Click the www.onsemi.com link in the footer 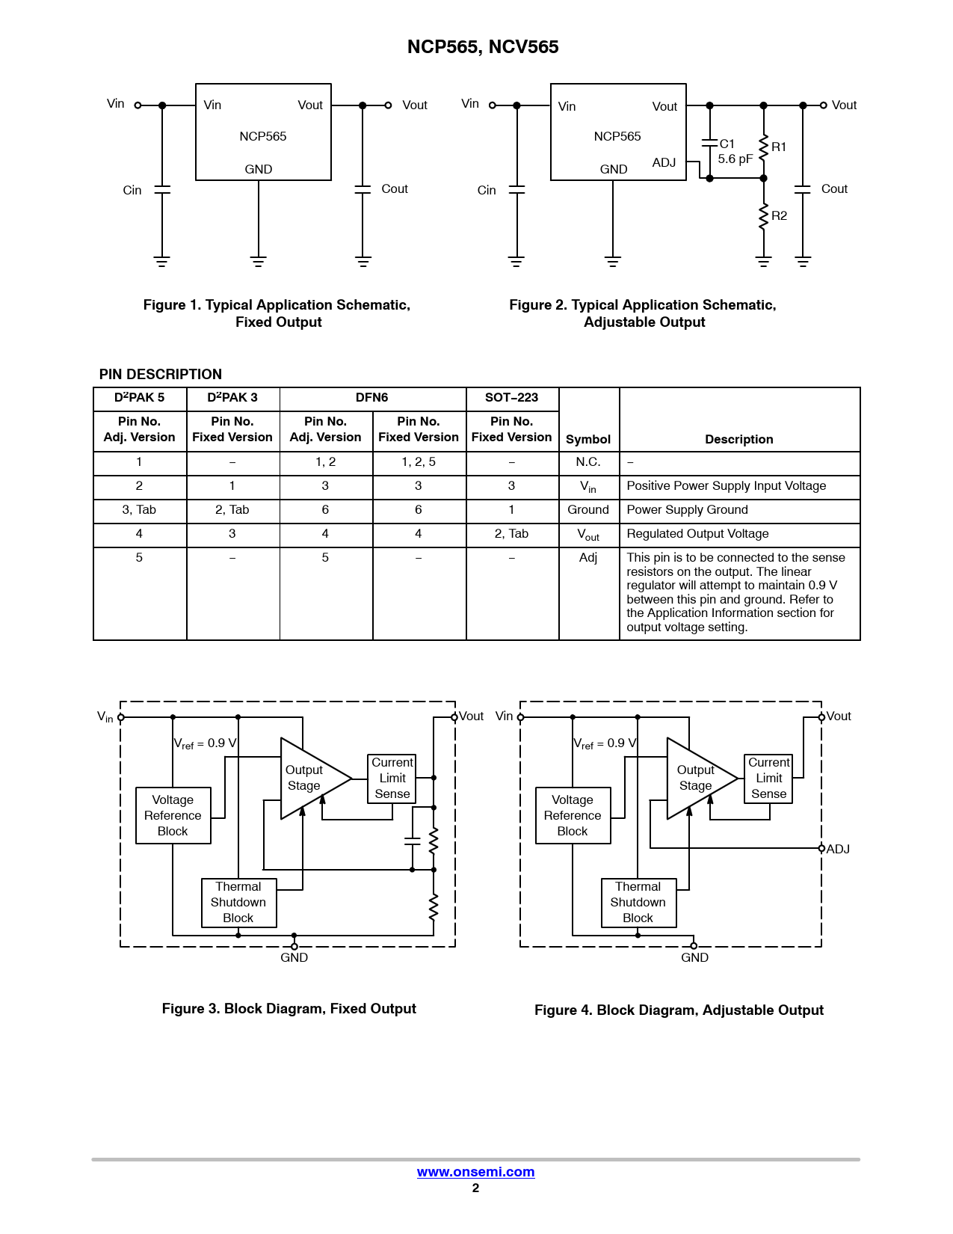pyautogui.click(x=475, y=1172)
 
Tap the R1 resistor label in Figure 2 pyautogui.click(x=779, y=147)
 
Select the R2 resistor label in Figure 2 pyautogui.click(x=779, y=216)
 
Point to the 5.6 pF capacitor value pyautogui.click(x=735, y=159)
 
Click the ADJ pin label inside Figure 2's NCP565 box pyautogui.click(x=664, y=163)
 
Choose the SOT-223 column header pyautogui.click(x=511, y=398)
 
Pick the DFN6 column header pyautogui.click(x=371, y=398)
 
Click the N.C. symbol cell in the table pyautogui.click(x=588, y=462)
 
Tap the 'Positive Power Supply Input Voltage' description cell pyautogui.click(x=726, y=486)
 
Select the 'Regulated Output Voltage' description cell pyautogui.click(x=697, y=534)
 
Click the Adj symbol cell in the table pyautogui.click(x=588, y=558)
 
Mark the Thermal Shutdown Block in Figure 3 pyautogui.click(x=238, y=903)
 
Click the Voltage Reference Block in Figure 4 pyautogui.click(x=573, y=816)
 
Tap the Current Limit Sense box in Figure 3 pyautogui.click(x=392, y=779)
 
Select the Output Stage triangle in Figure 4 pyautogui.click(x=695, y=779)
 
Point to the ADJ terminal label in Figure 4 pyautogui.click(x=838, y=850)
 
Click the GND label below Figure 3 pyautogui.click(x=294, y=958)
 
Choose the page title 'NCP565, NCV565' pyautogui.click(x=483, y=47)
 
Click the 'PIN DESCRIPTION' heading pyautogui.click(x=161, y=375)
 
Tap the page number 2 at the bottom pyautogui.click(x=475, y=1188)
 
